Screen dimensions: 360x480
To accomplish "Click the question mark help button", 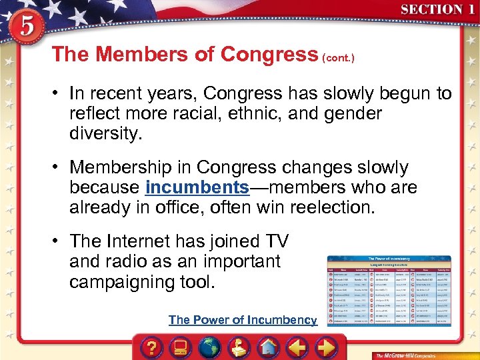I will point(153,347).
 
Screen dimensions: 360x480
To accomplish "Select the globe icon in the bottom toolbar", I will point(209,347).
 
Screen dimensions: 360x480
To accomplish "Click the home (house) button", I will point(267,347).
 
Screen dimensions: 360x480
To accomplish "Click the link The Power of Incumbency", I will point(243,320).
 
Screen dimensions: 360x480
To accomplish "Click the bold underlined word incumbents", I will point(197,187).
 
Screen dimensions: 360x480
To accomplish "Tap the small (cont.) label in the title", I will point(338,58).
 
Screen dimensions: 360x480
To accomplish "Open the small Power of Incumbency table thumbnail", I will point(389,289).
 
